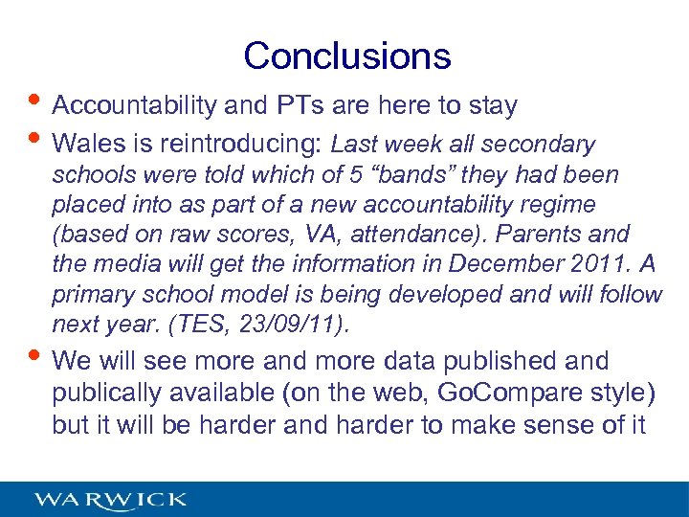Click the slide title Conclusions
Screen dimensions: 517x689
346,56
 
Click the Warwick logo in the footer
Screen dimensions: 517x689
111,500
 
